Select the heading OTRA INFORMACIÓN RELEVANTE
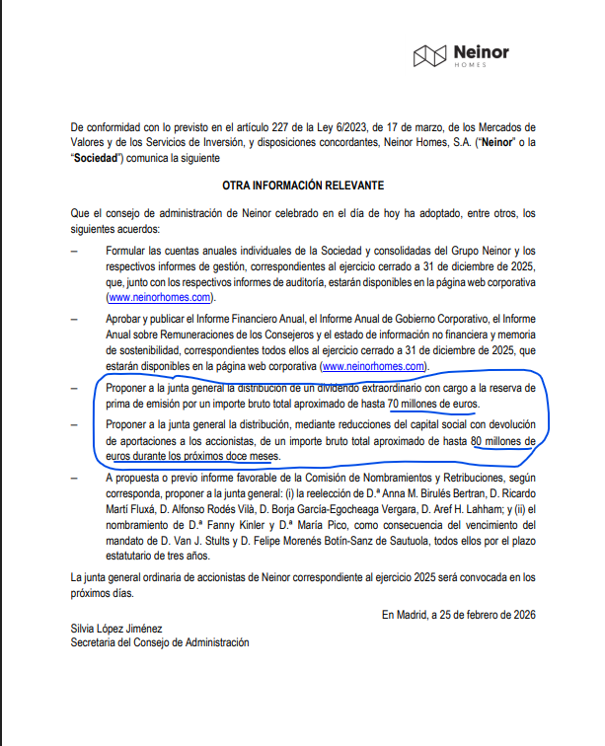302,186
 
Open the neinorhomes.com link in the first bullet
159,297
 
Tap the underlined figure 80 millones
502,440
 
